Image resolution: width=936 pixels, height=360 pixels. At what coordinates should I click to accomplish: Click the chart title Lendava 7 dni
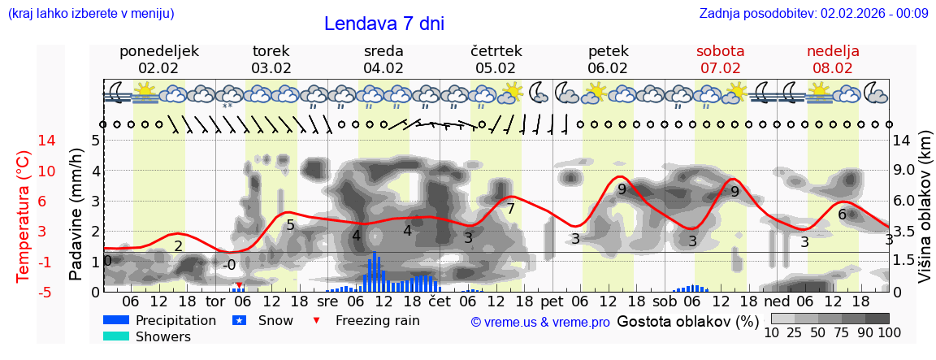(x=383, y=24)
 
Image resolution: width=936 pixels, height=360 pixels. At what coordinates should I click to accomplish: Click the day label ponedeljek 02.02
(x=158, y=59)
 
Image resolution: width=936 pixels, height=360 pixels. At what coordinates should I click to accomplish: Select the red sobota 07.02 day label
(x=720, y=59)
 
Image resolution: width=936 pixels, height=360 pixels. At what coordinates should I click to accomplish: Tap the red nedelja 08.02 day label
(x=832, y=59)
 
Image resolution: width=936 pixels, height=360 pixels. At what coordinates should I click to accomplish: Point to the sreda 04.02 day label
(x=383, y=59)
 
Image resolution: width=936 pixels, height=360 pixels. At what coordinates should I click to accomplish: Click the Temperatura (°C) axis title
(x=24, y=216)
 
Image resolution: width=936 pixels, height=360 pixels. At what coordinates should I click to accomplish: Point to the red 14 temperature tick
(x=24, y=141)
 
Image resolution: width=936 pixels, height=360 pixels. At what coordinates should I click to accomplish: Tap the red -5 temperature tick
(x=24, y=292)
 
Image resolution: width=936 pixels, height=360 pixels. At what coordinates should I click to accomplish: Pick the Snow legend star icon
(x=240, y=320)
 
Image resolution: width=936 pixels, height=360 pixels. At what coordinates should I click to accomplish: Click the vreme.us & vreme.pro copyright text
(x=540, y=322)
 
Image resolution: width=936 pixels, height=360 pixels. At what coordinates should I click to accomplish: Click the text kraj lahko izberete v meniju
(x=90, y=13)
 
